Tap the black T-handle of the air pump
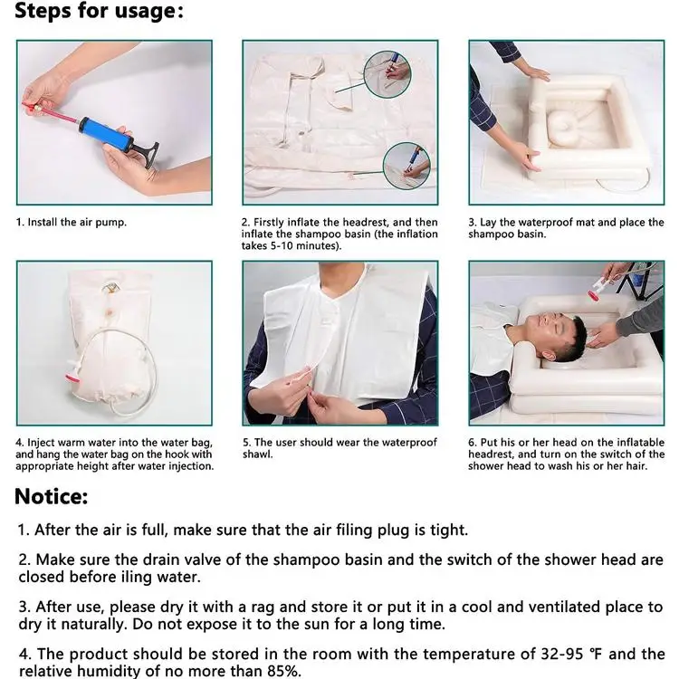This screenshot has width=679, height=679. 147,155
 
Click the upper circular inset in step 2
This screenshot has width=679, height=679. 387,74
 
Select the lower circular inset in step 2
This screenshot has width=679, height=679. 406,166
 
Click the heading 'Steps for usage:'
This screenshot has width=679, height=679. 100,10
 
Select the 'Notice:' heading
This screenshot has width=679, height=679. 51,497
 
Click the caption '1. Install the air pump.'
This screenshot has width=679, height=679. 72,222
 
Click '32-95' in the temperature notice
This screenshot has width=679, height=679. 561,654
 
